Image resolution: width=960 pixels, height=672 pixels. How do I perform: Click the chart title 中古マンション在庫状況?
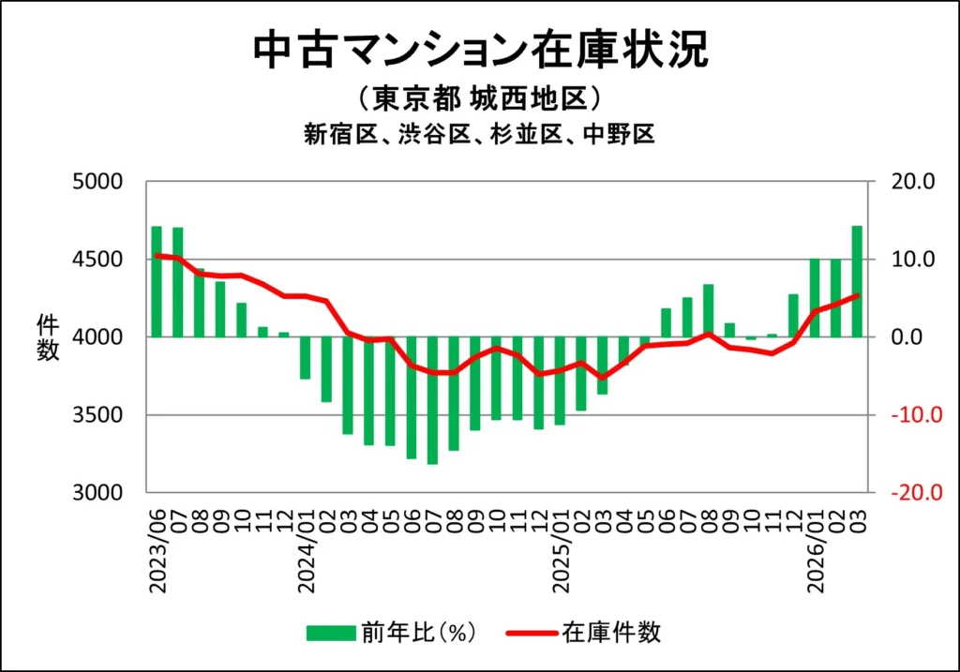[480, 52]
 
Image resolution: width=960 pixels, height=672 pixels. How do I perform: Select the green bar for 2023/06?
[157, 281]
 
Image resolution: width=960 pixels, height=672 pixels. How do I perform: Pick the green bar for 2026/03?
[857, 281]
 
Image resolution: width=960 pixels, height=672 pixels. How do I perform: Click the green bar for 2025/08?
[709, 310]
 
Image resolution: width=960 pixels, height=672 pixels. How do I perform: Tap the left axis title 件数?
[48, 337]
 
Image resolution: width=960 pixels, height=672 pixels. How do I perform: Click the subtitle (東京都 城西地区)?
[479, 99]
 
